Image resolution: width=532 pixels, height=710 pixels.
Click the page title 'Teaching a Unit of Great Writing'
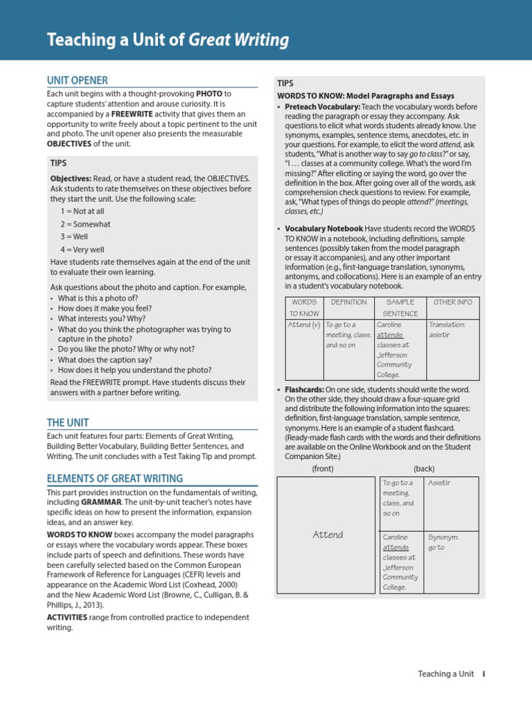click(x=168, y=40)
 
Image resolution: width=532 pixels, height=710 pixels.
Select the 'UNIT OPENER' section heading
click(x=77, y=80)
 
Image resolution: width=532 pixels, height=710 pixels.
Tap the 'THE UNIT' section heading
click(x=67, y=422)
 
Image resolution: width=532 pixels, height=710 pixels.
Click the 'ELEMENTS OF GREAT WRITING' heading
click(x=114, y=478)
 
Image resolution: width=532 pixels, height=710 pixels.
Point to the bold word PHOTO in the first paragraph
click(x=209, y=94)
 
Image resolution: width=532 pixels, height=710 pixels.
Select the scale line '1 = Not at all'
click(x=82, y=211)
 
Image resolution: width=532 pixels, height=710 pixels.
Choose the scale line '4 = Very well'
click(x=82, y=249)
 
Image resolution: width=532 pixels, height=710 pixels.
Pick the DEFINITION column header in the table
click(x=348, y=302)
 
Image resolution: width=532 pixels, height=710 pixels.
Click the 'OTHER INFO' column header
click(x=452, y=302)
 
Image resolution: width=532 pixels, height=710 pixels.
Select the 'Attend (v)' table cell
click(x=303, y=324)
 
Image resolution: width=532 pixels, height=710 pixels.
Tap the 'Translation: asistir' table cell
click(x=452, y=329)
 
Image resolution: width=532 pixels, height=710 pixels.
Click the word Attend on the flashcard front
click(x=328, y=535)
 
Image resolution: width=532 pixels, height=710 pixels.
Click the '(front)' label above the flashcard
click(x=323, y=469)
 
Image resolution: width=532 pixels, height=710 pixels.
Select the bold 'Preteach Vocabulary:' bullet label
click(x=322, y=107)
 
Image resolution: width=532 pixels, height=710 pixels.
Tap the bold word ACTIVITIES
click(x=67, y=616)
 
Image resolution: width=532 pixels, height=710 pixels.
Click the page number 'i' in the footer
click(x=484, y=674)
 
